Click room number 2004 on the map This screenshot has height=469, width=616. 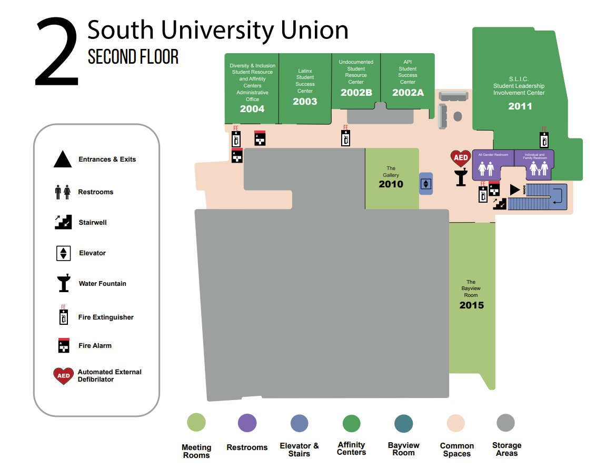[x=252, y=109]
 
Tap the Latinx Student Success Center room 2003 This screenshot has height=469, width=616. [x=305, y=102]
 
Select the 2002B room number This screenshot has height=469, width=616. [x=356, y=93]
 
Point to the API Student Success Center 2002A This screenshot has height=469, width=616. [x=408, y=93]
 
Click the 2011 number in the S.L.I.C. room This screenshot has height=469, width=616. [x=520, y=106]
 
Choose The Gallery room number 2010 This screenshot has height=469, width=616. [x=391, y=184]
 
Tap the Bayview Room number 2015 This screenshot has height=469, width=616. [x=471, y=305]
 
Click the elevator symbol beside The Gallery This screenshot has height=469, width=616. [x=426, y=184]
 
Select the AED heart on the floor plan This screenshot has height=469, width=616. [x=461, y=158]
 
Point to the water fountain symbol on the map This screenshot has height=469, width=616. [x=462, y=177]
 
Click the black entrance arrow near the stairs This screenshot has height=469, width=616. [x=514, y=189]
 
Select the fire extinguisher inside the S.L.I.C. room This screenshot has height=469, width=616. [x=544, y=139]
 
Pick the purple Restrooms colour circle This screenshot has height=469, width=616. [x=247, y=423]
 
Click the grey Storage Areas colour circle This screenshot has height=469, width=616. [x=505, y=423]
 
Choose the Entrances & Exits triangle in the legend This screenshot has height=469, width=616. [x=63, y=159]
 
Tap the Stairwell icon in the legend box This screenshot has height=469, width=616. [x=63, y=222]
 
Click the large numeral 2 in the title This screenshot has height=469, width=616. [x=56, y=53]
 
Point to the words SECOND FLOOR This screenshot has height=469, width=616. [x=133, y=56]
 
